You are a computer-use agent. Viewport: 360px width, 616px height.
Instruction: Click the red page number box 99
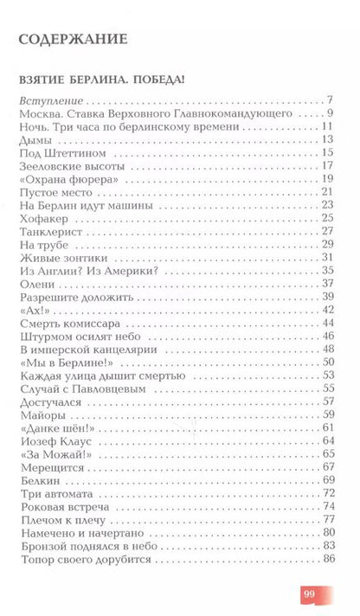pyautogui.click(x=312, y=594)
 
